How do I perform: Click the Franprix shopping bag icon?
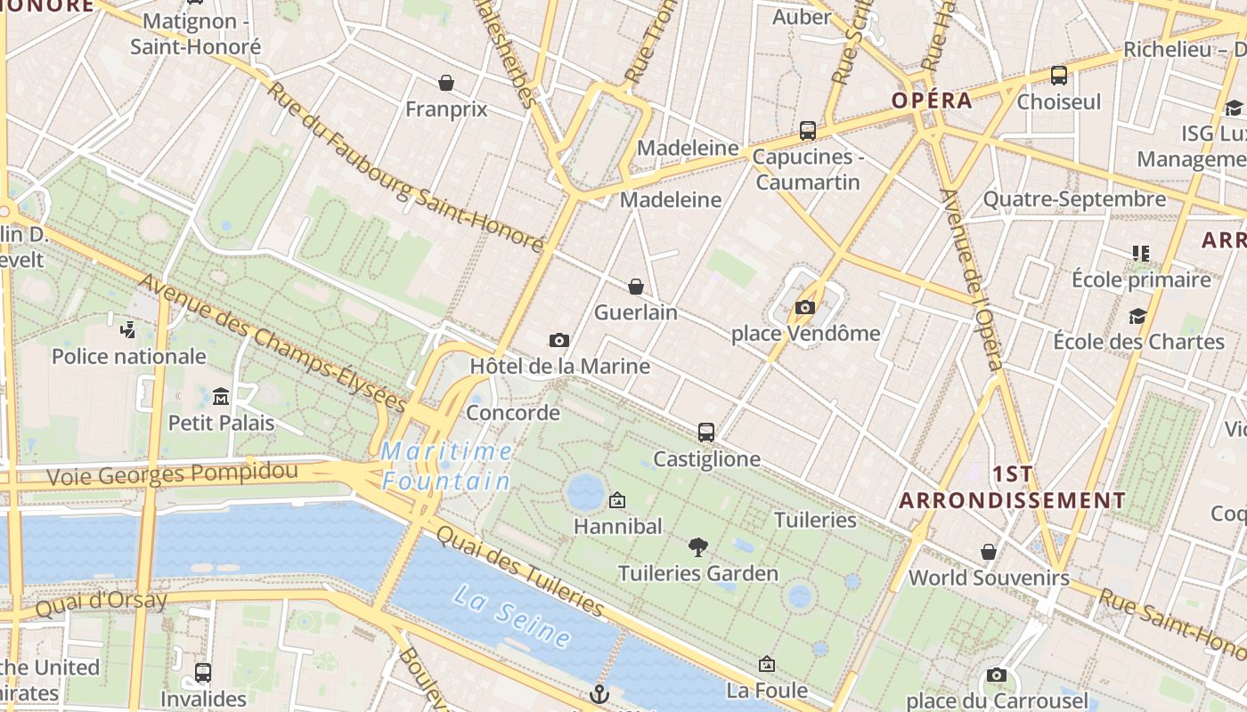446,83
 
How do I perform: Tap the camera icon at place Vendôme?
805,308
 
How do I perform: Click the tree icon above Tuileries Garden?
698,546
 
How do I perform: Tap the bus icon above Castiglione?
706,433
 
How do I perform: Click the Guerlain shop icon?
636,287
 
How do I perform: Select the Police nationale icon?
128,330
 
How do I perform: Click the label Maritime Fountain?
446,466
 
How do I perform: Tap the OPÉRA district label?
933,101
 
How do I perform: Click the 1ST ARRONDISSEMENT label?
1013,487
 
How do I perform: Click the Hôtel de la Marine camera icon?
559,340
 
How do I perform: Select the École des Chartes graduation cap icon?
1137,316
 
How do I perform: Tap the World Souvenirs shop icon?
989,552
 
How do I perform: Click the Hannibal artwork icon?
617,500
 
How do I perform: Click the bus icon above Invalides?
203,673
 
